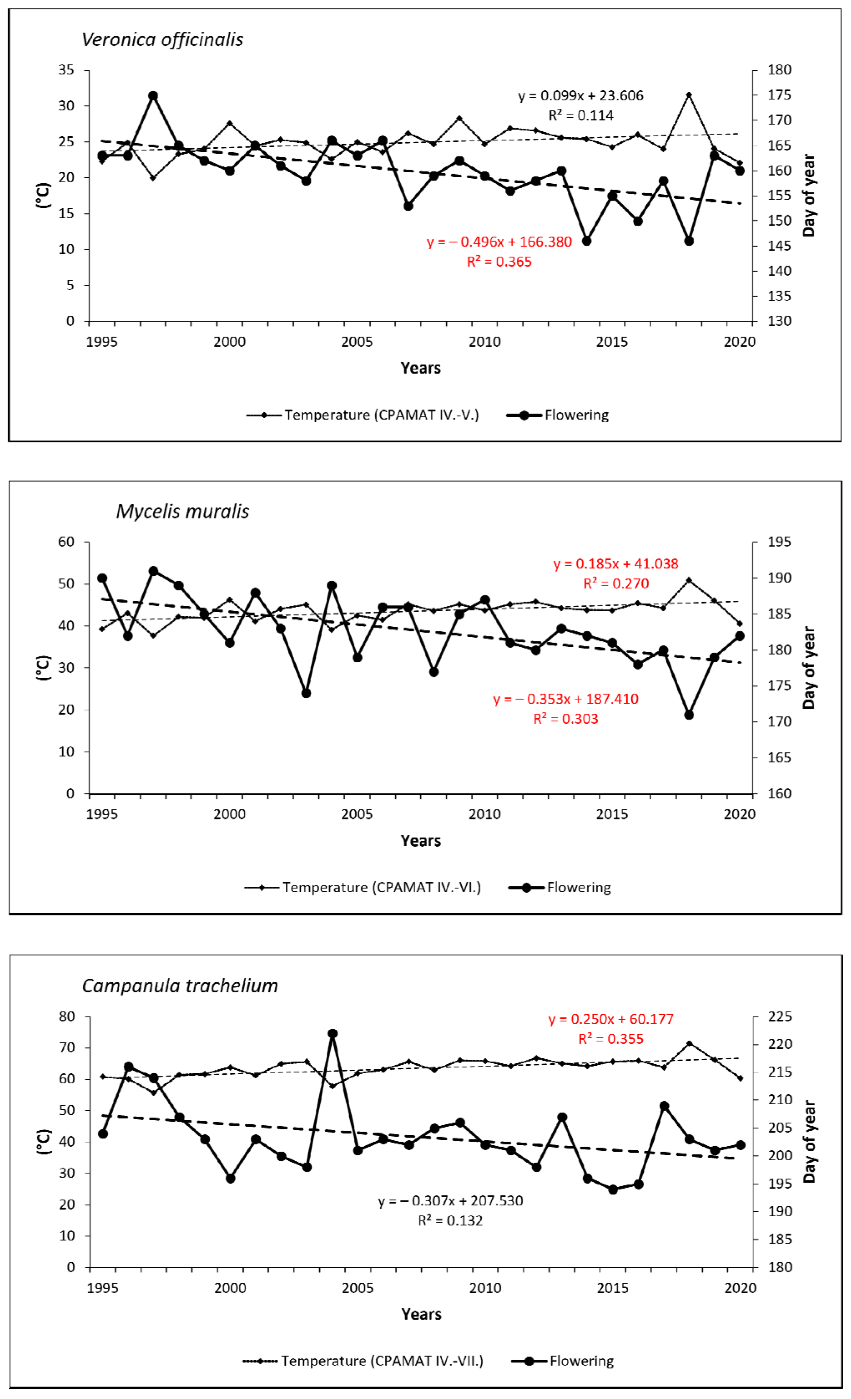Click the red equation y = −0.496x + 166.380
click(x=499, y=242)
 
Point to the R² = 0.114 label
click(x=581, y=115)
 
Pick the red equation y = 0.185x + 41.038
click(x=615, y=563)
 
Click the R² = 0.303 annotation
click(x=566, y=718)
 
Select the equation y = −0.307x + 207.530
click(x=450, y=1200)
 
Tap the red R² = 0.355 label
click(x=611, y=1039)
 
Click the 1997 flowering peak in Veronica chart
click(x=153, y=96)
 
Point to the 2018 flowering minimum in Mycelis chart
click(x=689, y=714)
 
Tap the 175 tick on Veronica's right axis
click(x=780, y=95)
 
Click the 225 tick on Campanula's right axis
click(x=780, y=1016)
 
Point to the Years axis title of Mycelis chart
click(x=420, y=840)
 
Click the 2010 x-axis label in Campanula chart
click(x=485, y=1288)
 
